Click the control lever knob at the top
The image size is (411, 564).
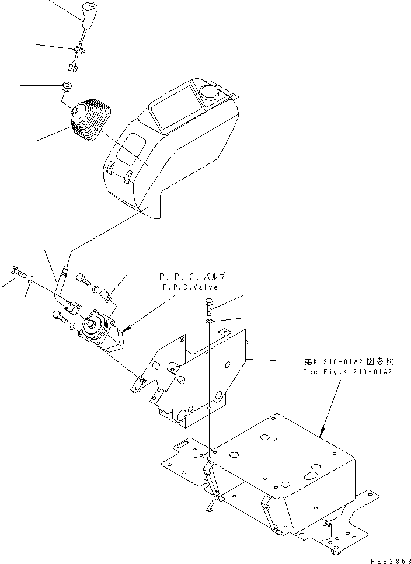(x=90, y=16)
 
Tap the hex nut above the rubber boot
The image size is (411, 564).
(x=67, y=88)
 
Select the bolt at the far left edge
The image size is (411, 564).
(x=18, y=272)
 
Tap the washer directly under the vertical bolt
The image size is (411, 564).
(x=209, y=321)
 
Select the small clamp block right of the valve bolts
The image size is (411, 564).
(x=107, y=295)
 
